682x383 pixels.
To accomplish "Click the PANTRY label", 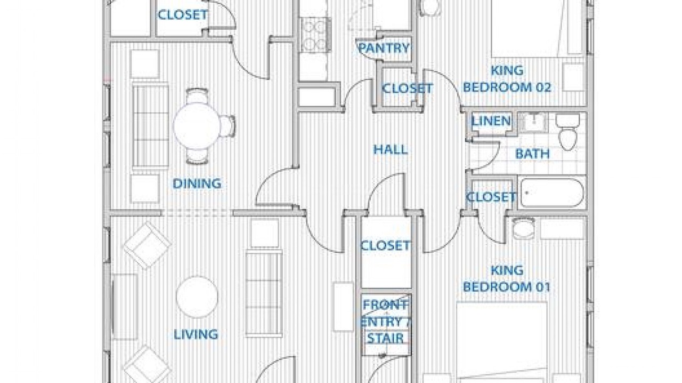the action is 384,48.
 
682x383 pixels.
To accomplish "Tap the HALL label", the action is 391,149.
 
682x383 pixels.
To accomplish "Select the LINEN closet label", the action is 491,121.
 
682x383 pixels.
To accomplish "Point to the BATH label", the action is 532,154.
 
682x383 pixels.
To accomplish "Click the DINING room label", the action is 197,184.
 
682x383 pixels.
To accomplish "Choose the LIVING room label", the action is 196,335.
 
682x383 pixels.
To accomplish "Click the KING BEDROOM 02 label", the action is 507,79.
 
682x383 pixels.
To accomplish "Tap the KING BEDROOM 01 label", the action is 507,279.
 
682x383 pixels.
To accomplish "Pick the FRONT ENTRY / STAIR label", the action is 385,321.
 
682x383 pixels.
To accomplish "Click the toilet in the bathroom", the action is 567,132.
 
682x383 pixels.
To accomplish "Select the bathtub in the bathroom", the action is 552,193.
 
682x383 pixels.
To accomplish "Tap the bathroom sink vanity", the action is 533,122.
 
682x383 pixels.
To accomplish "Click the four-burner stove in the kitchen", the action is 316,35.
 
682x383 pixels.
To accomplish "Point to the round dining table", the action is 197,126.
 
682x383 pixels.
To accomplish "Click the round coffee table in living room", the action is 197,297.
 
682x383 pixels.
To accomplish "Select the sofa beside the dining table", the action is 150,126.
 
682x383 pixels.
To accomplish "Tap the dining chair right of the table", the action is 227,126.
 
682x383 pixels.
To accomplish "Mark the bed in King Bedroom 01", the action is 502,342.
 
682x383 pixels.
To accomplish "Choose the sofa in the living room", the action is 264,293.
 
